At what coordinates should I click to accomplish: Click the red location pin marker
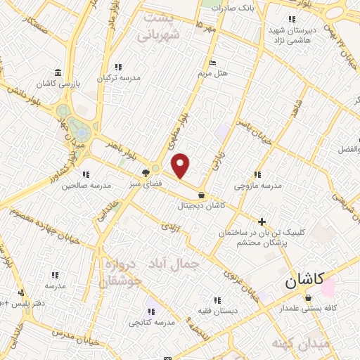pos(181,165)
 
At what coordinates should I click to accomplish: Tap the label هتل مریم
pos(212,73)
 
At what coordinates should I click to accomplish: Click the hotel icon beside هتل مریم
pos(213,63)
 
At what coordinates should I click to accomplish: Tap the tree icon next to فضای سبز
pos(146,172)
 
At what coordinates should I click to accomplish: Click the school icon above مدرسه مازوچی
pos(257,174)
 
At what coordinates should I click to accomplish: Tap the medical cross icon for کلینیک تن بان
pos(262,221)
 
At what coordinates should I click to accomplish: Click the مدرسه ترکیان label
pos(120,77)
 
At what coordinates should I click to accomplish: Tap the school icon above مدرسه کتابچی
pos(151,310)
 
